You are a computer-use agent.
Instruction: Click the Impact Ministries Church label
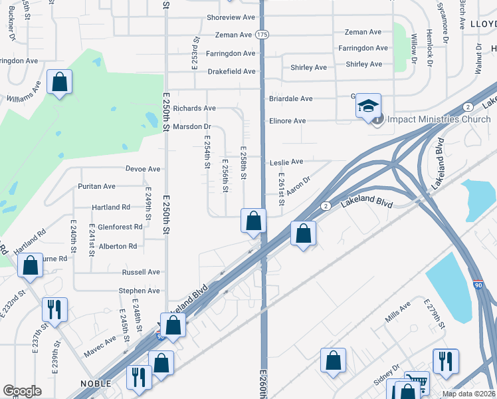click(439, 120)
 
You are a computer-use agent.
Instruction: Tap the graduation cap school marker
click(368, 106)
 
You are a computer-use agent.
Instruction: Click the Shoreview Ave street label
click(231, 16)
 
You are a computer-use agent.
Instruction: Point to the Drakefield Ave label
click(231, 71)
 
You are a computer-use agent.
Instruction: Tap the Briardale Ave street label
click(290, 99)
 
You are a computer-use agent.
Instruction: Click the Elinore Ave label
click(287, 121)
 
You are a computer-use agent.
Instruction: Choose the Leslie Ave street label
click(286, 162)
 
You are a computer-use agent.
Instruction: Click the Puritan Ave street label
click(96, 186)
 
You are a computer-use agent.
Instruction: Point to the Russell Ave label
click(140, 272)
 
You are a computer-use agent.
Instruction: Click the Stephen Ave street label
click(139, 291)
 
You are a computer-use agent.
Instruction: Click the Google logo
click(22, 391)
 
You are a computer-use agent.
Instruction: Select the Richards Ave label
click(194, 108)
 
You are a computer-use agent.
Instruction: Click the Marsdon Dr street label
click(191, 126)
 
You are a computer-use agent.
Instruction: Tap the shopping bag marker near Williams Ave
click(59, 83)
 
